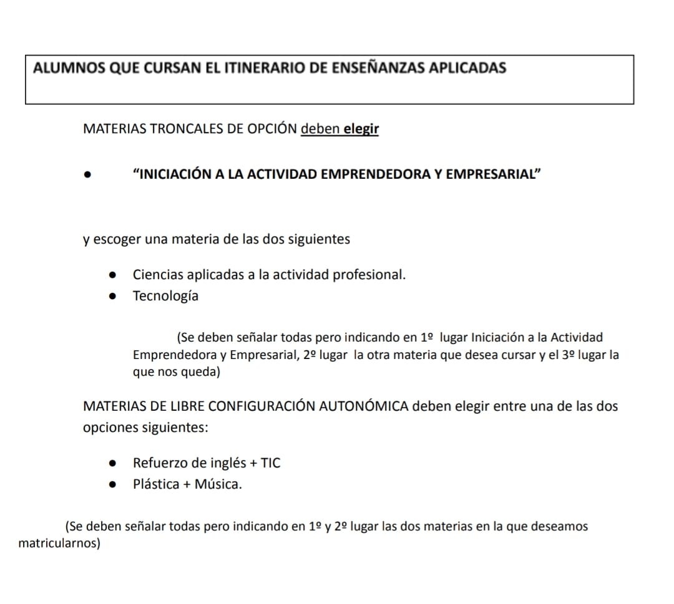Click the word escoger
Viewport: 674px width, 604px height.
tap(118, 239)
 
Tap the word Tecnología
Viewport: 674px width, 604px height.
tap(165, 296)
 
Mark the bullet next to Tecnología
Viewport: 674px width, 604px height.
tap(112, 297)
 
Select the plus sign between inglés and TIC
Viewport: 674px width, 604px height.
tap(253, 463)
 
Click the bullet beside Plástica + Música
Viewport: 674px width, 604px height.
tap(112, 484)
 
